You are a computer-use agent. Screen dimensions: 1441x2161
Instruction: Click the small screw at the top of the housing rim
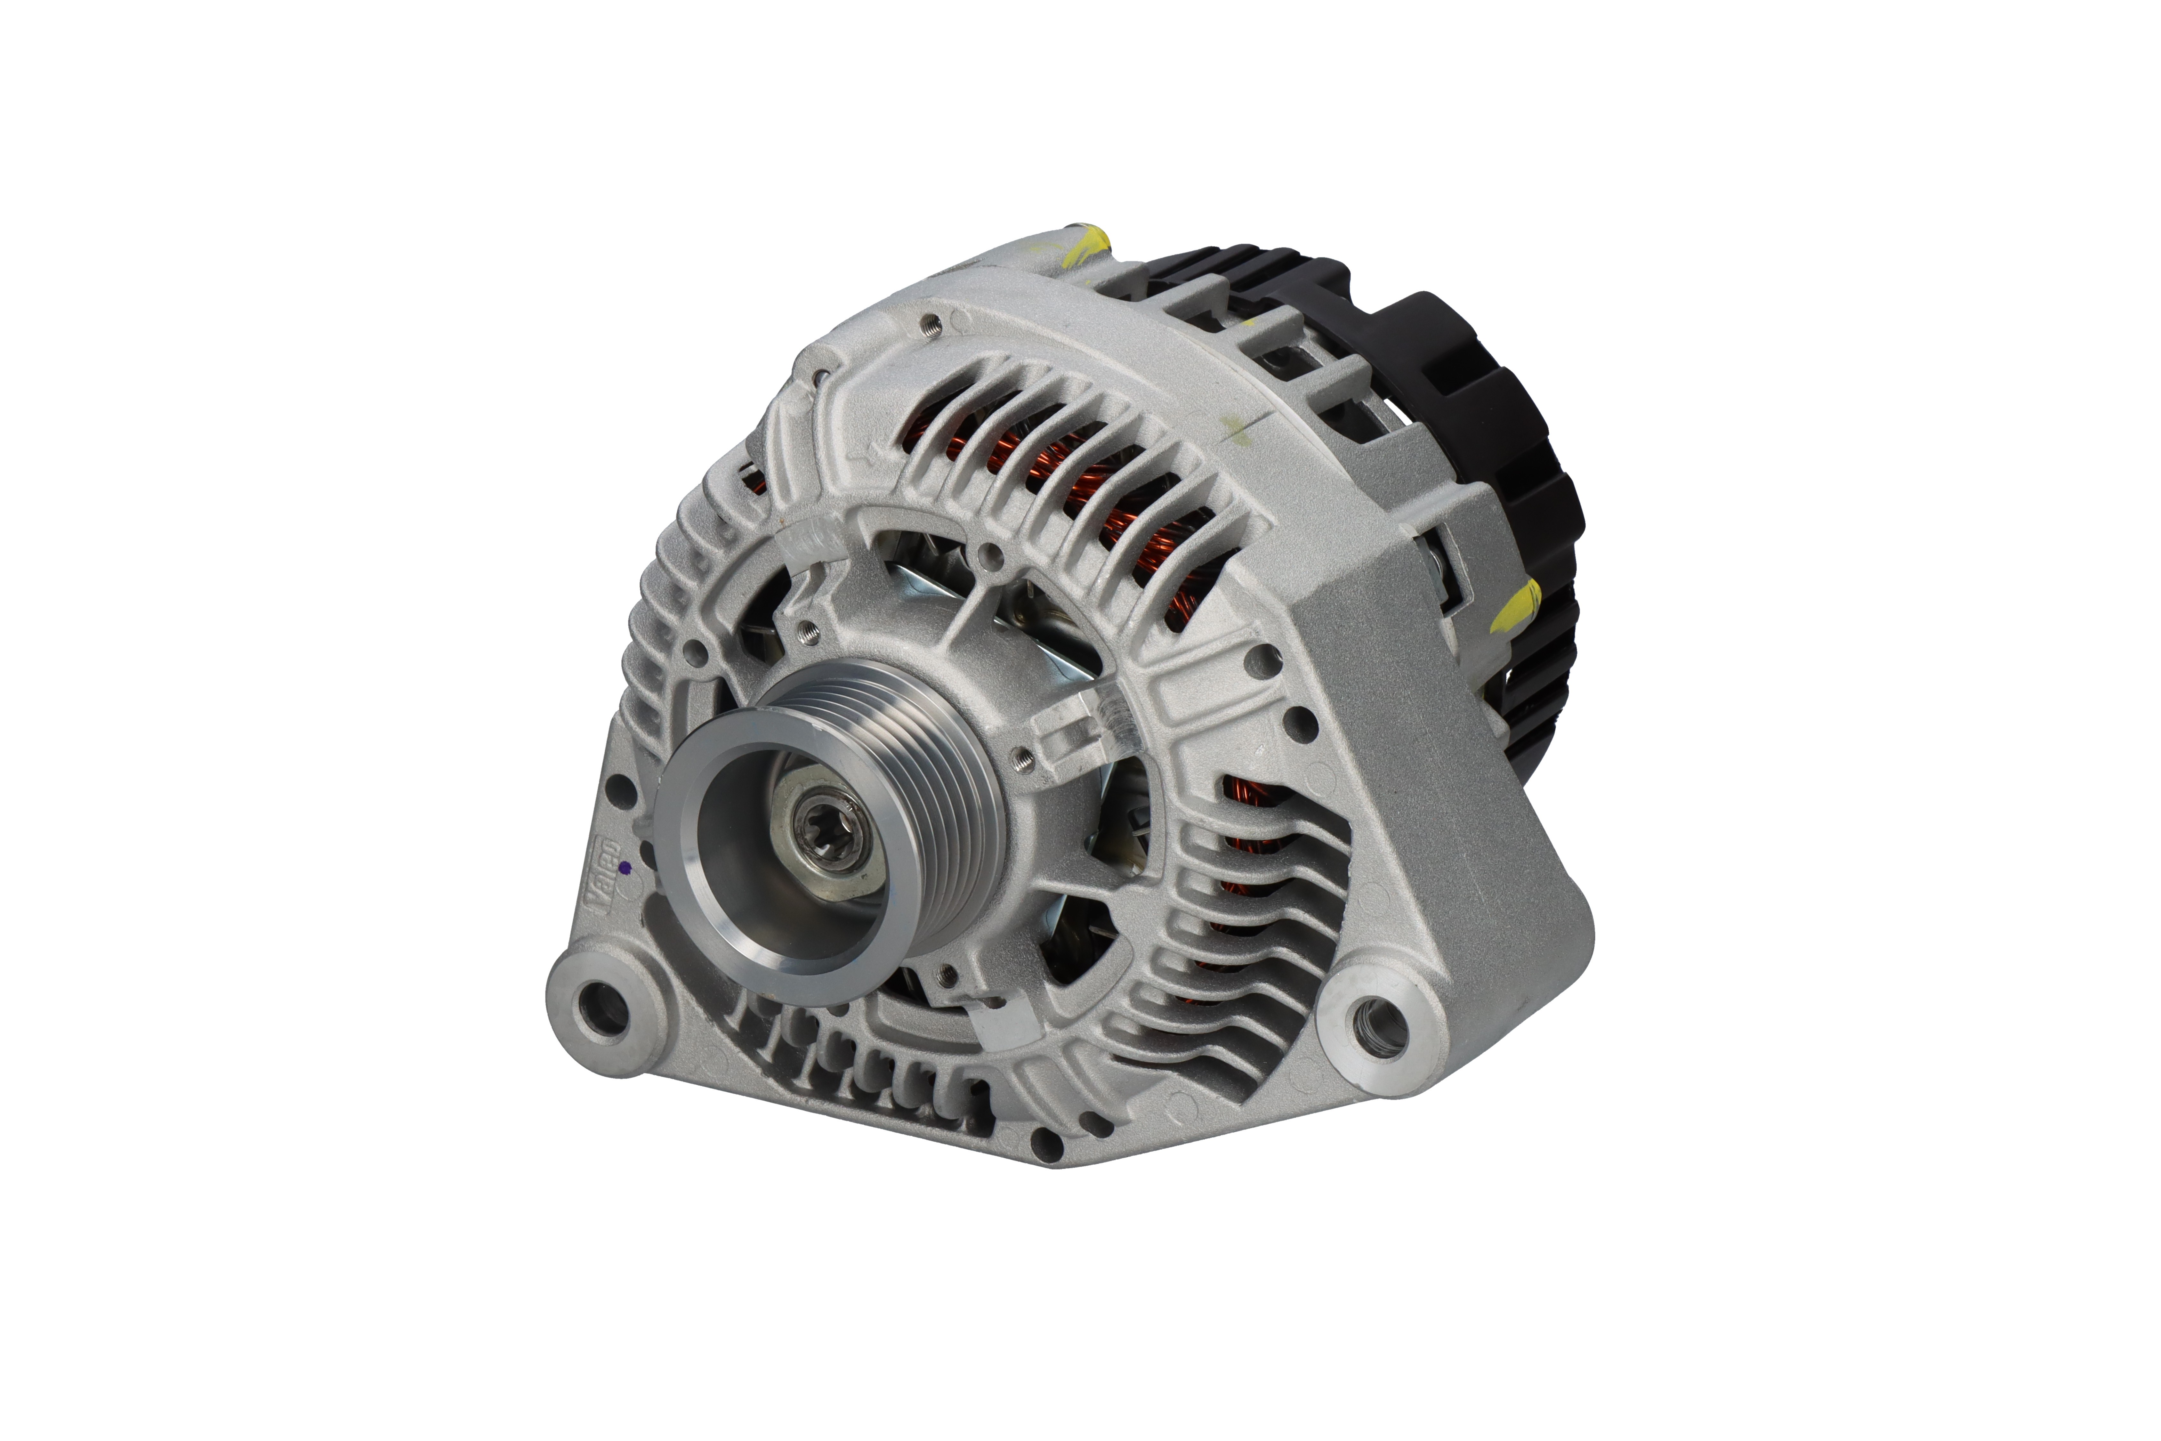coord(931,322)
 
